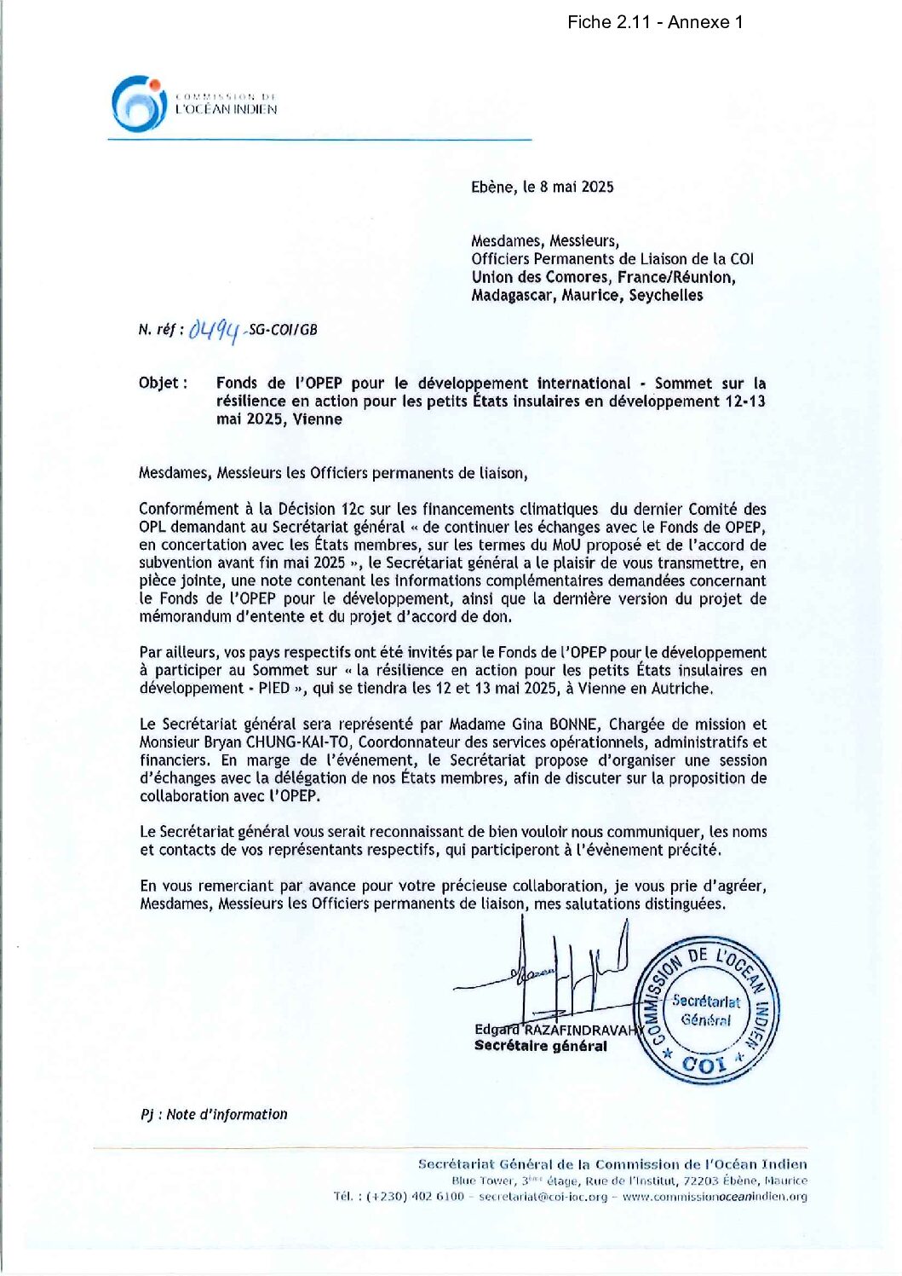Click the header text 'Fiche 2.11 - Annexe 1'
coord(654,23)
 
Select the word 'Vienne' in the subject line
coord(318,419)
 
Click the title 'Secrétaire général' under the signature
coord(541,1047)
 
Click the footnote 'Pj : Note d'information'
coord(214,1115)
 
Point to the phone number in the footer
coord(415,1197)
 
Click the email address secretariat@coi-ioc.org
coord(543,1197)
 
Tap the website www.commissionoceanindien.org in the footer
coord(715,1197)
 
